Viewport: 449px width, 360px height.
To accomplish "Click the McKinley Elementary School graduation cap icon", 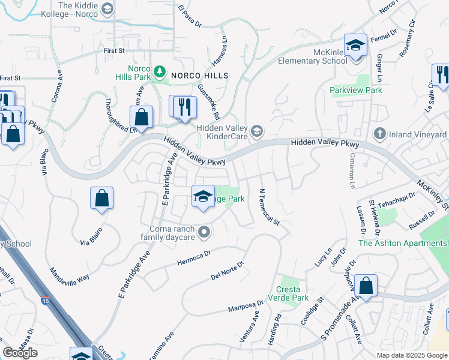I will click(x=355, y=46).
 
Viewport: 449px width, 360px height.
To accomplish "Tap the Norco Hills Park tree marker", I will click(x=159, y=73).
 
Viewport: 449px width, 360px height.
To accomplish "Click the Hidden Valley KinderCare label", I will click(x=223, y=133).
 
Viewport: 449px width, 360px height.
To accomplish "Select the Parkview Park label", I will click(x=356, y=90).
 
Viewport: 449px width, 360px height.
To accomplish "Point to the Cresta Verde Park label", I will click(x=292, y=293).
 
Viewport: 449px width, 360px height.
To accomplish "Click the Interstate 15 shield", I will click(x=46, y=300).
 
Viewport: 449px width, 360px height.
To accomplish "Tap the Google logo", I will click(x=20, y=353).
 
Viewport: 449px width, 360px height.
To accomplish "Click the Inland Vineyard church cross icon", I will click(x=379, y=133).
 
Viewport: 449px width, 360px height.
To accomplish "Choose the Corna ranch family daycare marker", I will click(x=205, y=231).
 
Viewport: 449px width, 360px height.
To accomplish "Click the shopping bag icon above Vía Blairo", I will click(x=102, y=198).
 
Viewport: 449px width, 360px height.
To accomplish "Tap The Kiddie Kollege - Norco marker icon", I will click(x=107, y=8).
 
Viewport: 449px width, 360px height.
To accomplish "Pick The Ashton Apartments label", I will click(x=402, y=243).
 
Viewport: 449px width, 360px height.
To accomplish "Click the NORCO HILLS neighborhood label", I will click(x=199, y=76).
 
